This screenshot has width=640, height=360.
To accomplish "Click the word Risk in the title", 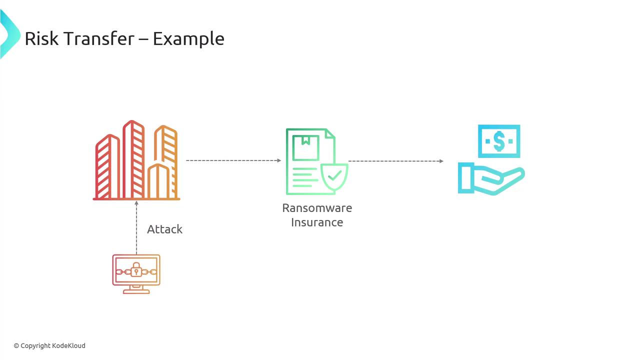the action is click(41, 38).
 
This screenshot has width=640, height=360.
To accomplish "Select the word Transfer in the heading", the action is click(98, 38).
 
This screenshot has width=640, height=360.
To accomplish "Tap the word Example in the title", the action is click(188, 39).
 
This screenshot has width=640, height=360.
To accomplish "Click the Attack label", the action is click(164, 229).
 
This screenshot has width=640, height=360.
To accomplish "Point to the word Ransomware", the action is click(317, 208).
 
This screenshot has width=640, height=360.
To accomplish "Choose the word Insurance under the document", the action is click(317, 222).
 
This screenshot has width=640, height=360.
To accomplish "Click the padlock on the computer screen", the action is click(136, 269).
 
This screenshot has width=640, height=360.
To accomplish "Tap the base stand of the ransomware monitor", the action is click(136, 291).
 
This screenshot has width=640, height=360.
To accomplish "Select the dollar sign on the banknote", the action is click(499, 141).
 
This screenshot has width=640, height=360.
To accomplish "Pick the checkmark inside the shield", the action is click(334, 175).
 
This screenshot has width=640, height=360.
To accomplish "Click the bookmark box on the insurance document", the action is click(305, 148).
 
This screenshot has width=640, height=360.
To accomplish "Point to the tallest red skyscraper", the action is click(133, 159).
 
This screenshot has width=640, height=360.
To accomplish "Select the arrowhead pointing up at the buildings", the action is click(136, 203).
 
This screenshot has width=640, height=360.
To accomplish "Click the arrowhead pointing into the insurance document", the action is click(279, 160).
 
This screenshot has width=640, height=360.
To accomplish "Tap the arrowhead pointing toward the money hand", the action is click(441, 161).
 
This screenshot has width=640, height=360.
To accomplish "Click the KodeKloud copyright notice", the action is click(49, 345).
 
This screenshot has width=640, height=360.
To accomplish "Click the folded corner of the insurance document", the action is click(330, 133).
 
